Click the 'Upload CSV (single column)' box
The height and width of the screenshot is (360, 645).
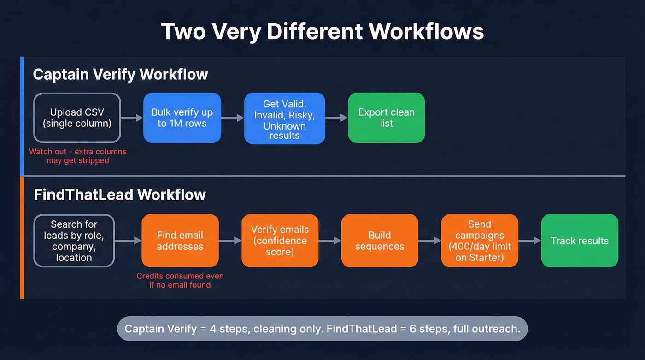tap(77, 118)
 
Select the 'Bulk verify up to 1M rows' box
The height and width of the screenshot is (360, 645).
tap(182, 118)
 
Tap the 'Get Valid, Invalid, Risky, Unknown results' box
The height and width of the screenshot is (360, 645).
tap(284, 118)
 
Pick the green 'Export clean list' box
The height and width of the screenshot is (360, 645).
tap(386, 118)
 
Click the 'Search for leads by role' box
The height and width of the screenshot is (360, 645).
tap(74, 241)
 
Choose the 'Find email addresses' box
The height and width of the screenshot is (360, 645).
tap(180, 241)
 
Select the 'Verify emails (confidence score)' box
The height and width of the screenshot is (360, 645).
tap(280, 241)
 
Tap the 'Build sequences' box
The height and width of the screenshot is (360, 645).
tap(380, 241)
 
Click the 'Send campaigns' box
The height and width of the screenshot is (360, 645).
tap(480, 241)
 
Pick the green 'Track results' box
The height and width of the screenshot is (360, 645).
tap(580, 241)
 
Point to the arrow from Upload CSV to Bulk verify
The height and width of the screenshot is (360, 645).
tap(132, 118)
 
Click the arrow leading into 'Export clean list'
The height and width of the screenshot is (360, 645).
tap(336, 118)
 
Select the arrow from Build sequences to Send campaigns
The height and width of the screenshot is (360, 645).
tap(429, 241)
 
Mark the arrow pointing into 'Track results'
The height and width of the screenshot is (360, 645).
tap(529, 241)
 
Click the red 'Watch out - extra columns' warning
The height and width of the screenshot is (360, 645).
tap(77, 156)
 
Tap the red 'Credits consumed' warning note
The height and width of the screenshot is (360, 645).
tap(180, 280)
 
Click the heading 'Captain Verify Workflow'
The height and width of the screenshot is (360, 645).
tap(120, 74)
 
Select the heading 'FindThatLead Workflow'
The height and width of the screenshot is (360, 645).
tap(120, 195)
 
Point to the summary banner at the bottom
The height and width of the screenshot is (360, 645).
tap(322, 329)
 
